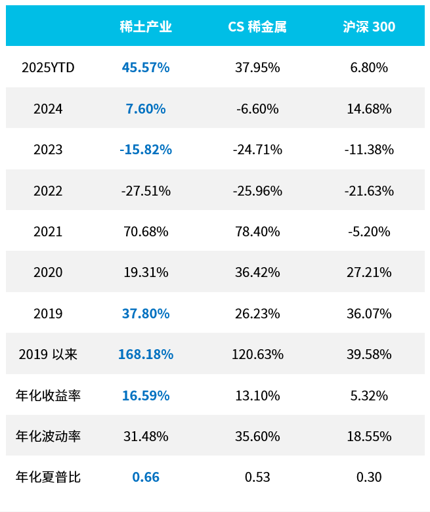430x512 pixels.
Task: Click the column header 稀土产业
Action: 146,27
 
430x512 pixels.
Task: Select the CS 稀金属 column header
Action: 257,27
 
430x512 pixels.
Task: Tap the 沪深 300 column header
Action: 369,27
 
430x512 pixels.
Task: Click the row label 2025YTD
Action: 48,68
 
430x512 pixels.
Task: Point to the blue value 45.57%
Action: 146,68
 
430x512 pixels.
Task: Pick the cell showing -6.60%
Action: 257,109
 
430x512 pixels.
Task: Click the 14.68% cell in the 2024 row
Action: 369,109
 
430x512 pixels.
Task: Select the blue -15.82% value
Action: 146,150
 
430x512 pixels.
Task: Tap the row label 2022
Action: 48,191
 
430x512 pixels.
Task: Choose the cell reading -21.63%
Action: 369,191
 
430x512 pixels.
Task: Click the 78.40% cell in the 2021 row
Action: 257,232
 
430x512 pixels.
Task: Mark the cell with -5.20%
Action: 369,232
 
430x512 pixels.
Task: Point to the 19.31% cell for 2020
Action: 146,272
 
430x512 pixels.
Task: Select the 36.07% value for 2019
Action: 369,314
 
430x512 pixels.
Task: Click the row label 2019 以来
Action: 48,354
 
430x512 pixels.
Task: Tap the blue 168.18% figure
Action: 146,354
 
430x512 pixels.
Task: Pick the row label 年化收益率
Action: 48,396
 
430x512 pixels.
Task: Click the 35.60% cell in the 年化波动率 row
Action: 257,437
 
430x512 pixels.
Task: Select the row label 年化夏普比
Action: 48,477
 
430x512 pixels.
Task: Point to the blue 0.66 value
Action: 146,477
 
